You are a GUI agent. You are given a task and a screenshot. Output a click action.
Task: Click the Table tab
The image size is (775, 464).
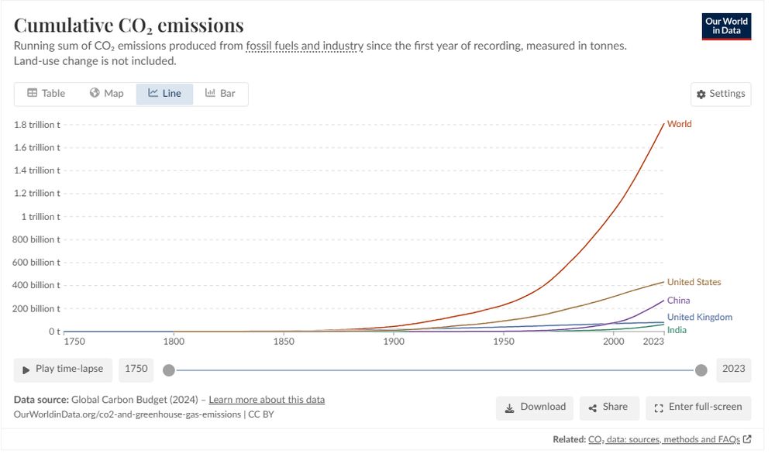[x=46, y=94]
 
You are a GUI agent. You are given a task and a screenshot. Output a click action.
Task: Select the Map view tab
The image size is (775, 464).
[x=106, y=94]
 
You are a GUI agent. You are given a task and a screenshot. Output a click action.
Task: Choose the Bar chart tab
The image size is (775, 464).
[x=220, y=94]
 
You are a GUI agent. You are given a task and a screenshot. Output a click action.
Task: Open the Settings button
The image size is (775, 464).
[x=721, y=94]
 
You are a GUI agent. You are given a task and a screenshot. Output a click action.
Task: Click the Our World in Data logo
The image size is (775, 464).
[x=726, y=26]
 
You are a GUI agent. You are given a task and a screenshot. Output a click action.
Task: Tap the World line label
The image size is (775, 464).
[x=679, y=124]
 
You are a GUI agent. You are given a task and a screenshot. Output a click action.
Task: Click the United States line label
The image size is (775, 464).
[x=694, y=282]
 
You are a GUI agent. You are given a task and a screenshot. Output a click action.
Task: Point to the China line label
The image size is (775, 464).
[x=678, y=301]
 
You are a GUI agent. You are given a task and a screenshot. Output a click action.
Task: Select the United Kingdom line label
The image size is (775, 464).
[x=699, y=317]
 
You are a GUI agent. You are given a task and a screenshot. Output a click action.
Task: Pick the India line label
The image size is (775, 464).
[x=677, y=330]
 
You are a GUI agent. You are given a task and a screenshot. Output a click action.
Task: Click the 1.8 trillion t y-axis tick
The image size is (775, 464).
[x=37, y=124]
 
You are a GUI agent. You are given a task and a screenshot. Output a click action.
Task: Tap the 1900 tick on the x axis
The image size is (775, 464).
[x=394, y=341]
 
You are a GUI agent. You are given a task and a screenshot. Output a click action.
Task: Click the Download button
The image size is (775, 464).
[x=535, y=407]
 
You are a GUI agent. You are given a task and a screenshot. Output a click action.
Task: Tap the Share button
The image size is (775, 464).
[x=608, y=407]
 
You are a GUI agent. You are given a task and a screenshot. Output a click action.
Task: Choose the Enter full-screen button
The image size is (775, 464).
[x=697, y=407]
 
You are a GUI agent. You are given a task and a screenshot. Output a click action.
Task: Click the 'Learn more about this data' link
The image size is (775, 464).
[x=267, y=400]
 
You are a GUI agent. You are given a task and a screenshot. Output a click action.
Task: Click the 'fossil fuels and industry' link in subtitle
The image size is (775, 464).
[x=305, y=46]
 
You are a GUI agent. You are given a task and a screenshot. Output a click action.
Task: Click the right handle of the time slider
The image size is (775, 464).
[x=701, y=370]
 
